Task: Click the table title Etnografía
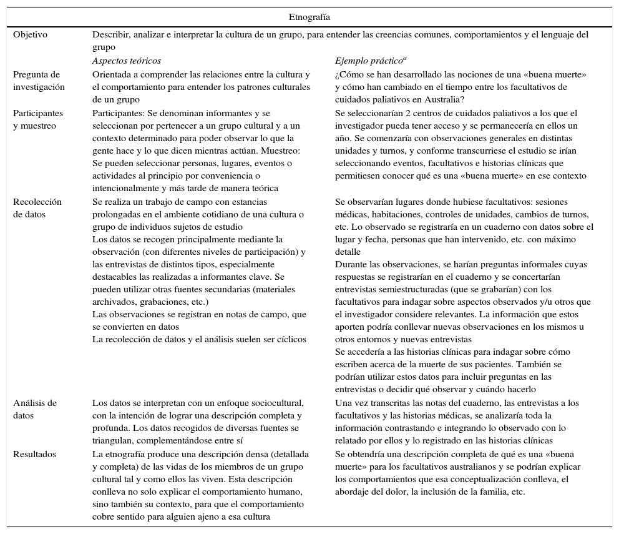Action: click(x=309, y=17)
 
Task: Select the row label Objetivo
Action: click(x=30, y=35)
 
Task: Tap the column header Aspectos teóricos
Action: click(x=127, y=61)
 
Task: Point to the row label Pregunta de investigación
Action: click(x=39, y=81)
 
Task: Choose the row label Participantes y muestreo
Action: click(x=38, y=119)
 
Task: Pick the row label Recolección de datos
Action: click(x=37, y=208)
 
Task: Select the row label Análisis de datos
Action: click(x=35, y=409)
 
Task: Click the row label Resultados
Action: click(x=35, y=454)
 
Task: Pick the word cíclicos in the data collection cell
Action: click(x=290, y=339)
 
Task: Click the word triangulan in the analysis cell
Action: click(x=111, y=441)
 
